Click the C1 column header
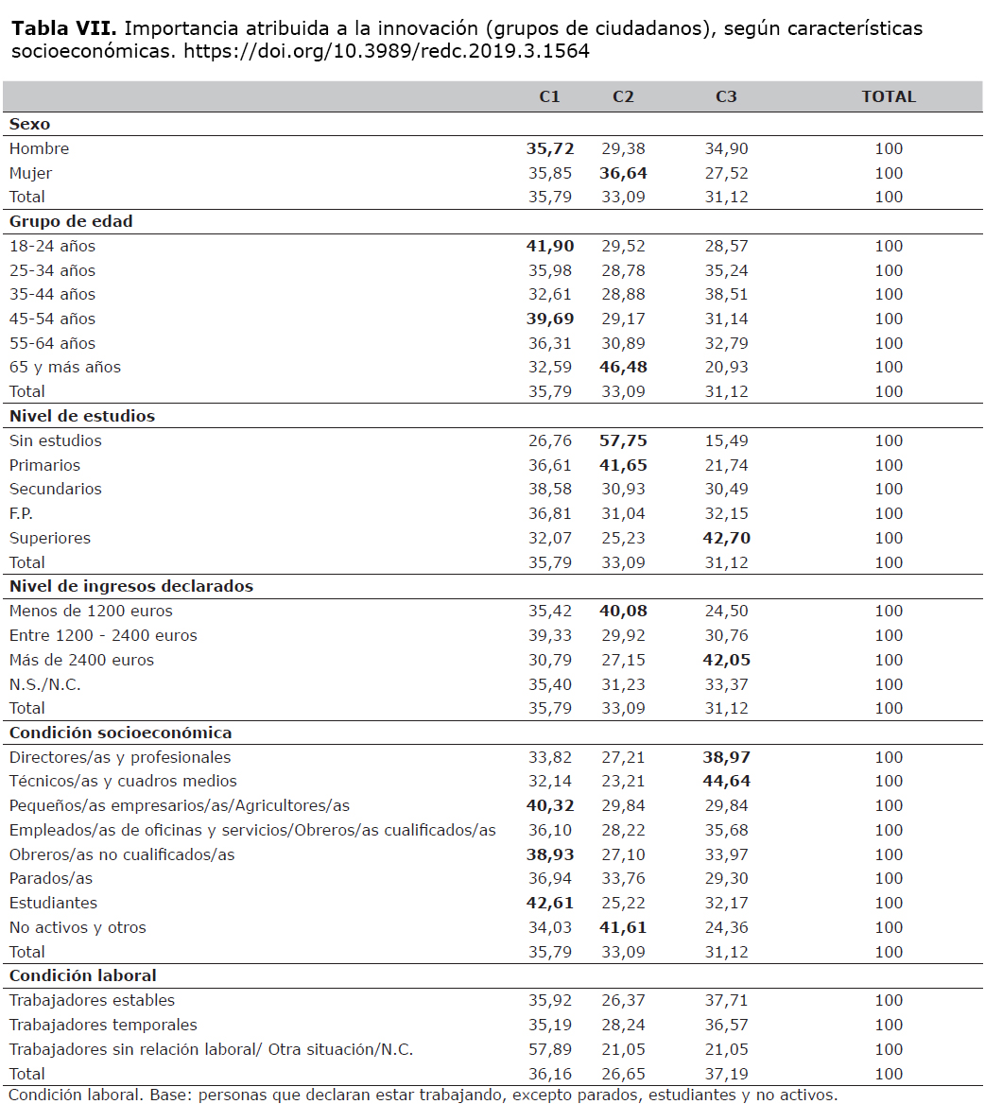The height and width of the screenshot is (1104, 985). [x=549, y=96]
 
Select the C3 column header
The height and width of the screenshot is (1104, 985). [x=726, y=96]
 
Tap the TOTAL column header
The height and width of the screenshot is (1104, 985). [x=889, y=96]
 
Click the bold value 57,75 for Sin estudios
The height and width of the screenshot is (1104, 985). [x=623, y=440]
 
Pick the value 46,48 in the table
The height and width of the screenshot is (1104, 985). [x=623, y=367]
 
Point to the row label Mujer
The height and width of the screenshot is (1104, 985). [x=30, y=173]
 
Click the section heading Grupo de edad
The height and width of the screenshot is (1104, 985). [x=71, y=221]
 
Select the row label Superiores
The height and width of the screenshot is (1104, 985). [x=50, y=538]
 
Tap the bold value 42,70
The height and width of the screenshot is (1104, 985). [x=727, y=538]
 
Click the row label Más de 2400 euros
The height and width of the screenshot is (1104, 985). [x=81, y=660]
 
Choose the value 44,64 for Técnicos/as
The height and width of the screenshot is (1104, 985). [x=727, y=781]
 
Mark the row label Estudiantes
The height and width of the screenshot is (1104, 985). [x=54, y=903]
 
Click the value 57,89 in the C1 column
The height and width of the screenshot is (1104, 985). [x=550, y=1049]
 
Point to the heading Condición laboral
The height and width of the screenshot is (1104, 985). [x=83, y=975]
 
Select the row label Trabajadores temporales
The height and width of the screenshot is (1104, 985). [x=103, y=1025]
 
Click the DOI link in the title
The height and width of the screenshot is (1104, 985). [x=387, y=51]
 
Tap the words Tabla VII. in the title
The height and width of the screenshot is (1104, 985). [x=64, y=28]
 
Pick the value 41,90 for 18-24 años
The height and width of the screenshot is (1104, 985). [x=550, y=246]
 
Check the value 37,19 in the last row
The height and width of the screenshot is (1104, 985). [x=727, y=1074]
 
